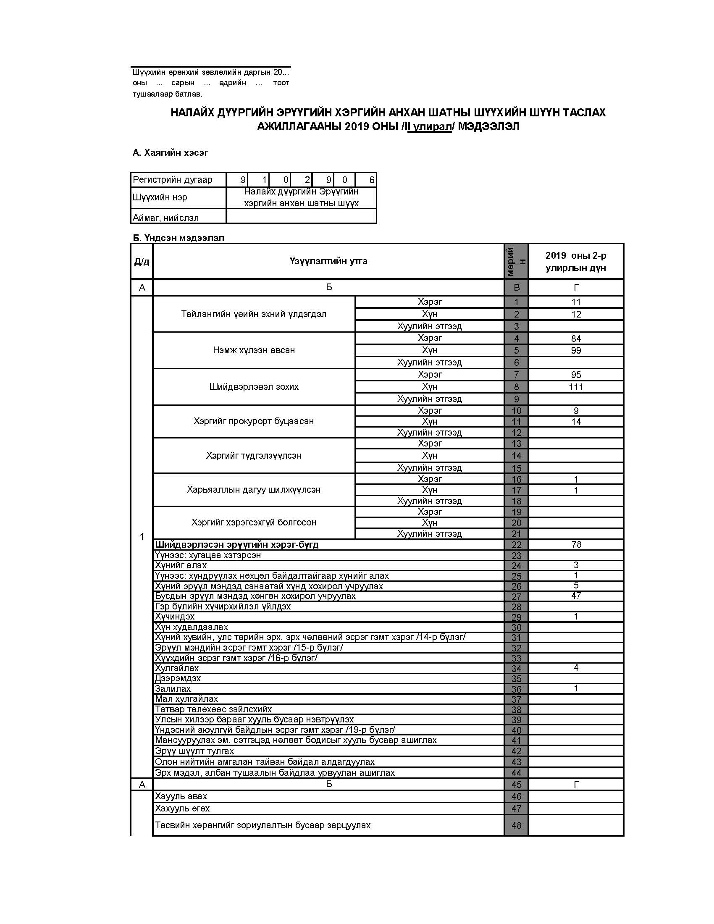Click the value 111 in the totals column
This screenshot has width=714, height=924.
576,387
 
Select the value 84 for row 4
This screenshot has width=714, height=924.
576,339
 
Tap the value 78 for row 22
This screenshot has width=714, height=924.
576,544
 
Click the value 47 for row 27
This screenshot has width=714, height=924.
576,596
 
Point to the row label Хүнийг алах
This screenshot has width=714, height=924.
181,565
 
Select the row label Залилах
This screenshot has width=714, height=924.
173,689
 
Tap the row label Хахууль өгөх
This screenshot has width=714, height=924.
182,808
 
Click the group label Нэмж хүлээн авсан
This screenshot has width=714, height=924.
254,350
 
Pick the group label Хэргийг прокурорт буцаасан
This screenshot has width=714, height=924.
254,421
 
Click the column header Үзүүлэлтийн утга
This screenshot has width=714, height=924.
328,261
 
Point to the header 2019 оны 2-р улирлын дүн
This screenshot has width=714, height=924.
576,262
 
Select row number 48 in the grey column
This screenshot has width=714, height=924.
516,825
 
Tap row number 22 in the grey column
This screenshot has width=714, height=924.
516,545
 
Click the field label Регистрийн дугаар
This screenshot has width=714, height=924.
173,180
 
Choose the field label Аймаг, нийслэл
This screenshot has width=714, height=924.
165,218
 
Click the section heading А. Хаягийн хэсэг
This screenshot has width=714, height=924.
170,153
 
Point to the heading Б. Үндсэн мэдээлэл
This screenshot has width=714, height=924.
178,238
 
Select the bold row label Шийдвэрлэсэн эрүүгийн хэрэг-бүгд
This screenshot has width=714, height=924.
236,544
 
